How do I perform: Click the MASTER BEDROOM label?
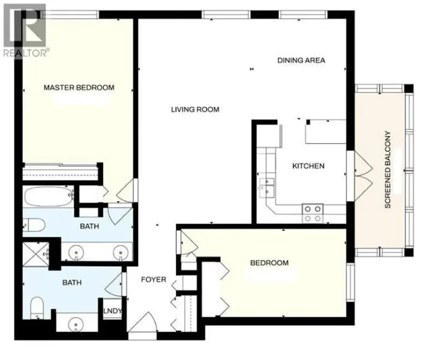79,88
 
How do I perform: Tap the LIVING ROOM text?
195,110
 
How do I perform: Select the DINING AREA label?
301,60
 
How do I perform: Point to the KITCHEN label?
309,166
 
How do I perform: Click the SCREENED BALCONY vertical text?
388,170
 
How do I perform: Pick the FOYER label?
154,279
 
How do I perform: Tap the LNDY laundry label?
113,311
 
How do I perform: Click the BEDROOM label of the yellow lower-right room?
269,263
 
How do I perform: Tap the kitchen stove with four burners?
312,213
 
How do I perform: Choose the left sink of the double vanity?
77,252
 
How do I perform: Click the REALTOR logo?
24,29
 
